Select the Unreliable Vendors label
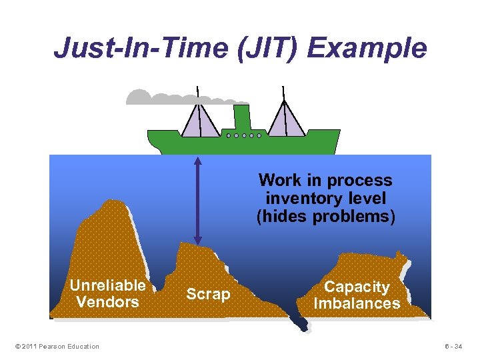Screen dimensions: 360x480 107,293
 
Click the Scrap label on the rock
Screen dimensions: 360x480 208,294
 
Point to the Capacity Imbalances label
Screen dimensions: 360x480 357,295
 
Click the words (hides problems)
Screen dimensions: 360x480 325,216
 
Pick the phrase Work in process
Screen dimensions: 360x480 325,180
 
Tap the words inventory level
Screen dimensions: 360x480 325,198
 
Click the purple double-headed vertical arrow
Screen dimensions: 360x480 197,200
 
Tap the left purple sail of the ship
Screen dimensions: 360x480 201,120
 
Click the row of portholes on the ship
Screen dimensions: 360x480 243,135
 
